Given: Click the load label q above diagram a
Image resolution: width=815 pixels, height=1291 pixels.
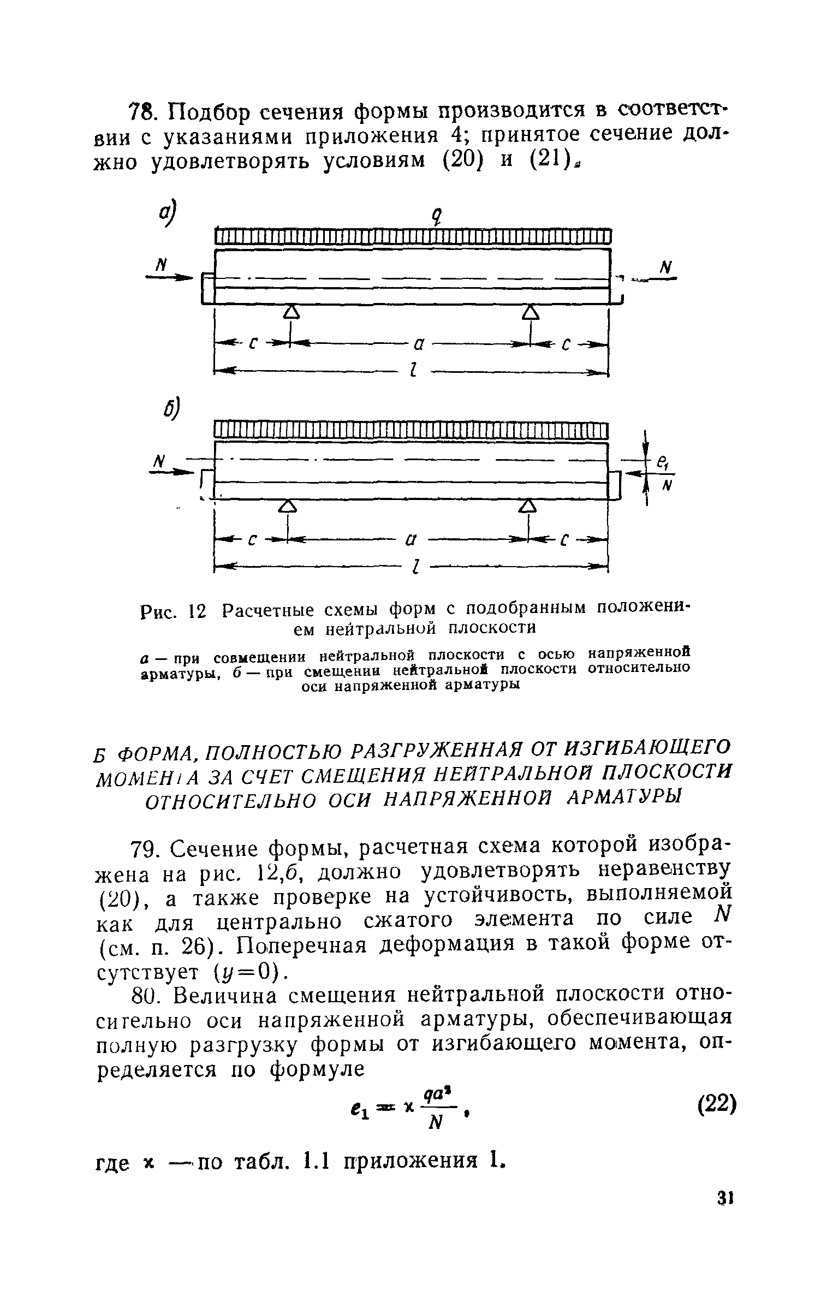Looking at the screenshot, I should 435,218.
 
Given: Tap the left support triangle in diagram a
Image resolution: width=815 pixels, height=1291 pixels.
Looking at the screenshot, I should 292,312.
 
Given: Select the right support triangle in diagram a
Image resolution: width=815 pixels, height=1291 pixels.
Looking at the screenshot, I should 530,312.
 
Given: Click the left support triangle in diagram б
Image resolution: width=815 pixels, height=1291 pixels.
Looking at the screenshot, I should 288,507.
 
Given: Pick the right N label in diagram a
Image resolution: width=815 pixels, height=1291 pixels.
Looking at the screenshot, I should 664,267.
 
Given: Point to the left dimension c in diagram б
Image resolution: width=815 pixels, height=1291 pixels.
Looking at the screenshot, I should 252,540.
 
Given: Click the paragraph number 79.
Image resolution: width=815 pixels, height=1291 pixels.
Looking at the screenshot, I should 145,849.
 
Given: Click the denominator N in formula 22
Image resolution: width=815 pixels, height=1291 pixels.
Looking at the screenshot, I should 435,1123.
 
